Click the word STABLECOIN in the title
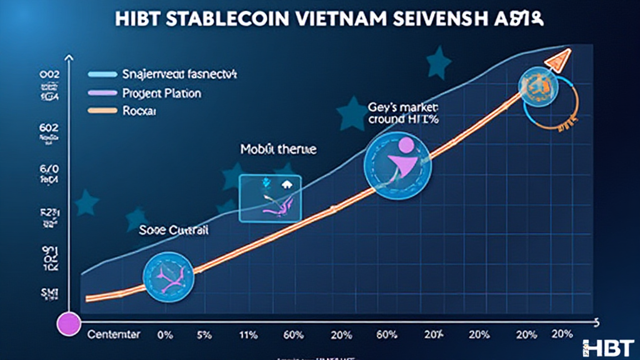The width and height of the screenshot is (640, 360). tap(228, 18)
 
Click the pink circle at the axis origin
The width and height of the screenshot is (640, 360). tap(68, 323)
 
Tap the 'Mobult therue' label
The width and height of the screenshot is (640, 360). tap(278, 150)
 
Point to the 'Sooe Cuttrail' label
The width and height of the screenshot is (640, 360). tap(174, 229)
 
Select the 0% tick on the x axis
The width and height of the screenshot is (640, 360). tap(166, 334)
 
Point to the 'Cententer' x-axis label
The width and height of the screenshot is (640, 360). tap(115, 334)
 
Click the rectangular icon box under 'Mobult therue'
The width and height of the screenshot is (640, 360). tap(270, 197)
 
